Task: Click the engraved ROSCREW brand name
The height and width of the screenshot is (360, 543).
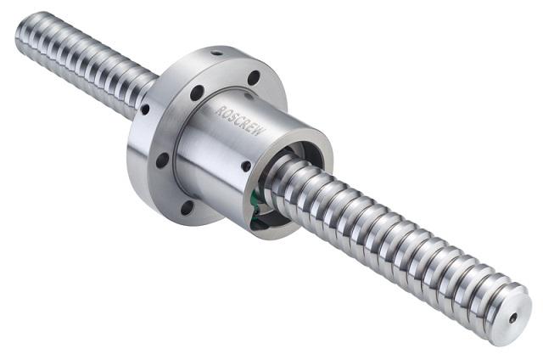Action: coord(241,121)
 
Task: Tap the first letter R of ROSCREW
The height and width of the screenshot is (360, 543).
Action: coord(219,110)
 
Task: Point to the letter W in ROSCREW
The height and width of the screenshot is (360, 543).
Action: coord(260,132)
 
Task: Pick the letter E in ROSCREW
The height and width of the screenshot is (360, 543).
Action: coord(254,127)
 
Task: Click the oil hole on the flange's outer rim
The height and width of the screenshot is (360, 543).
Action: coord(217,53)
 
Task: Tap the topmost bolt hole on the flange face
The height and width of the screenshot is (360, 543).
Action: coord(254,77)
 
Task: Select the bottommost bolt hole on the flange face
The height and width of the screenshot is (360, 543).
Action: coord(187,207)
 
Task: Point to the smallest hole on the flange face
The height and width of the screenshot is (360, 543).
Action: coord(145,110)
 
